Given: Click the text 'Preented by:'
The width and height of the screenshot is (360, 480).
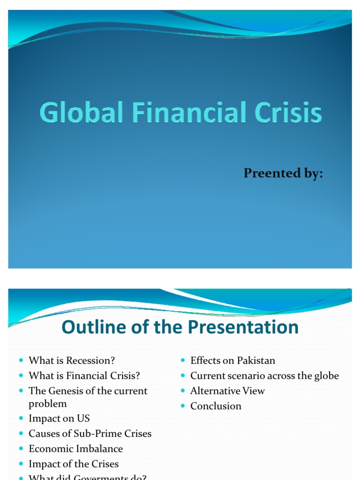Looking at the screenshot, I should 283,173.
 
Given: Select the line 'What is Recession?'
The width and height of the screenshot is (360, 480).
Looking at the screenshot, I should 72,360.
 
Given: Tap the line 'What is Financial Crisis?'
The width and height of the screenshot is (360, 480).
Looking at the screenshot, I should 84,375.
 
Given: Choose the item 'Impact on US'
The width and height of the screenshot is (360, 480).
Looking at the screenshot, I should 59,418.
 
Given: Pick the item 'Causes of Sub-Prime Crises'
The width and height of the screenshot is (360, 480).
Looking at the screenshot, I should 90,434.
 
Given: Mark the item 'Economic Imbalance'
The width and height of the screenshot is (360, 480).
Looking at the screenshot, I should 75,449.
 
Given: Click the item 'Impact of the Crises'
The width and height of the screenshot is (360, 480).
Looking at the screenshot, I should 74,464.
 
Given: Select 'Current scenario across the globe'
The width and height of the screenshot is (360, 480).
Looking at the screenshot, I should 264,375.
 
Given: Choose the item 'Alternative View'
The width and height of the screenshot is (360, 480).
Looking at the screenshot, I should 227,390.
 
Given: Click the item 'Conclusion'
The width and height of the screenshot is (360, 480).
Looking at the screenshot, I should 216,406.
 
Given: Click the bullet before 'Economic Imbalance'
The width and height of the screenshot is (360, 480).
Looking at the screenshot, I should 22,449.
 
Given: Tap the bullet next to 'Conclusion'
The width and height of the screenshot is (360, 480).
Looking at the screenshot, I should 183,406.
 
